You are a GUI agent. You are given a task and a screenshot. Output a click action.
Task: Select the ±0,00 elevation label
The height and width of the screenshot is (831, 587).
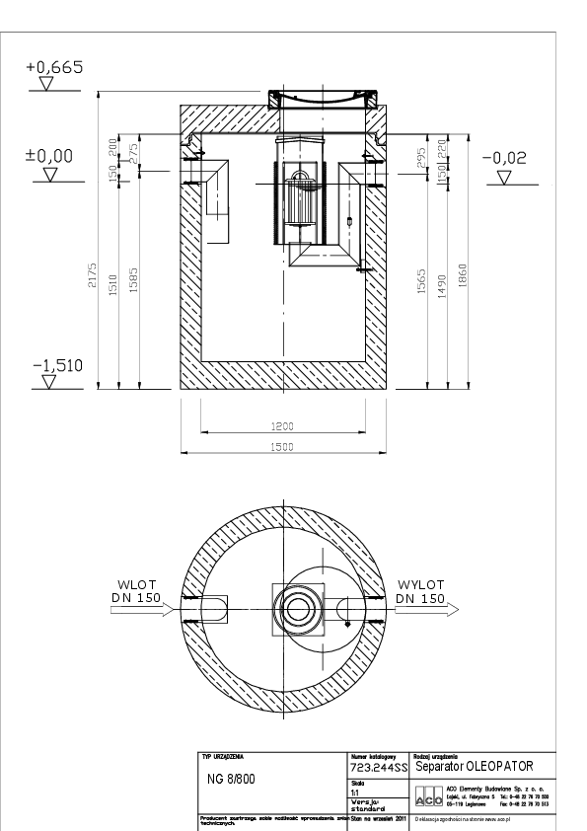pyautogui.click(x=48, y=155)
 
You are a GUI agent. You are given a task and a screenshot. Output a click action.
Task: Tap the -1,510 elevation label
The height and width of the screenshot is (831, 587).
pyautogui.click(x=57, y=366)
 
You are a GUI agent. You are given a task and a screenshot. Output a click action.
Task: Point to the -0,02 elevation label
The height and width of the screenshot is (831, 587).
pyautogui.click(x=504, y=158)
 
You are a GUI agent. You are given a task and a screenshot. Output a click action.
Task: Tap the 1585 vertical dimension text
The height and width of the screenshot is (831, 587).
pyautogui.click(x=133, y=281)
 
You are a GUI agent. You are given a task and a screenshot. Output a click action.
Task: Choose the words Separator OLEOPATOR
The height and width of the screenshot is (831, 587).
pyautogui.click(x=480, y=766)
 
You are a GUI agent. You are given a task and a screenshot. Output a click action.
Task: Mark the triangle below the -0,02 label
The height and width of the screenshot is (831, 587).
pyautogui.click(x=505, y=179)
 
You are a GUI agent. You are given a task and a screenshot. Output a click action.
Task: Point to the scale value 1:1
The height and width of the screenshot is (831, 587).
pyautogui.click(x=355, y=792)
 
